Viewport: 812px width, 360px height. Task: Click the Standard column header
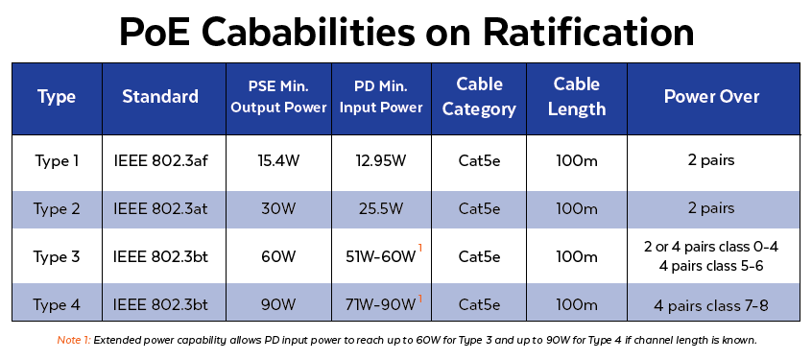click(x=160, y=97)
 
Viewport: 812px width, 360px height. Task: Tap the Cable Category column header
click(x=480, y=97)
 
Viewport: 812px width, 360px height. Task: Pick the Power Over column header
click(x=711, y=97)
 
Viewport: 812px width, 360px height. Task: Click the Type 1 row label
click(x=57, y=161)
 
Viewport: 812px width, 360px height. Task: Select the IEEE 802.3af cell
click(x=160, y=161)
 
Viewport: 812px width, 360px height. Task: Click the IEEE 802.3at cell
click(x=160, y=208)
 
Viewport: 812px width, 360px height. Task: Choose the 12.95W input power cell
click(x=380, y=161)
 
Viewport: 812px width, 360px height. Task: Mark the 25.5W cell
click(x=380, y=208)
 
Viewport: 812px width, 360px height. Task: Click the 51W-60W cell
click(x=380, y=256)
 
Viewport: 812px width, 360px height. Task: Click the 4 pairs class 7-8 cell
click(x=711, y=304)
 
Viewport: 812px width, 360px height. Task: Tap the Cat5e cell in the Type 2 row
click(x=480, y=208)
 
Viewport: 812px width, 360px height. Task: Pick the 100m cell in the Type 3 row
click(x=580, y=256)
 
